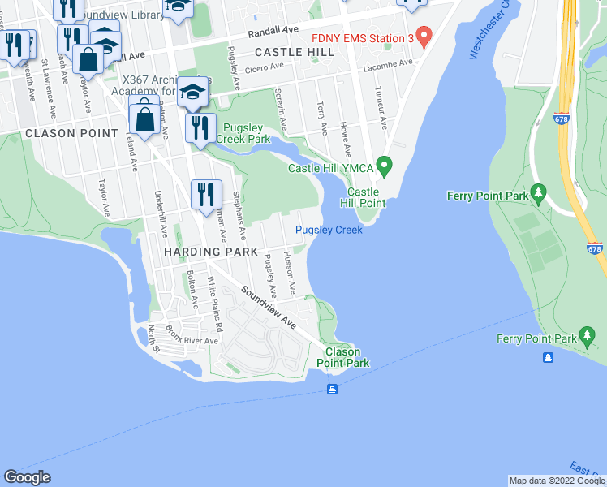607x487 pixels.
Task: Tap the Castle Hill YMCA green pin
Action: click(385, 167)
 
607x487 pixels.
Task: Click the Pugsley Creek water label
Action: click(329, 230)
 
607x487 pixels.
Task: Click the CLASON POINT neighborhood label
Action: click(60, 132)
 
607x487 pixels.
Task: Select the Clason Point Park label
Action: click(347, 357)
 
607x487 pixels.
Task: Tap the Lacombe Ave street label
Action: click(387, 62)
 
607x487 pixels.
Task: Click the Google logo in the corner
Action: click(27, 476)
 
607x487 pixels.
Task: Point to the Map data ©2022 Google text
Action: click(557, 481)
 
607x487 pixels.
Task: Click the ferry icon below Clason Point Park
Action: click(332, 390)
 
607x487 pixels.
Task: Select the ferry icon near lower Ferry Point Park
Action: click(549, 358)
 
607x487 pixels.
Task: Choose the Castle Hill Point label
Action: click(361, 196)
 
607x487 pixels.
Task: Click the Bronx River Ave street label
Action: click(191, 340)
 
